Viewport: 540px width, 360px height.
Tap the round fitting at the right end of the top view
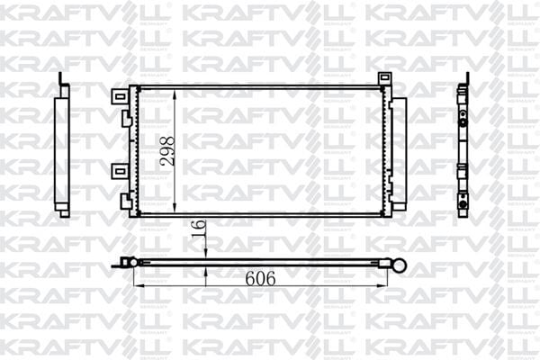398,264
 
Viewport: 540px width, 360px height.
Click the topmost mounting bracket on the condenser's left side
119,94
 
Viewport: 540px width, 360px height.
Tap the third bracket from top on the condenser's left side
119,171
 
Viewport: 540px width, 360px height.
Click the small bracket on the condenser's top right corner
384,79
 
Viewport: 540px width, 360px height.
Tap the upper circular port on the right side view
463,116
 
